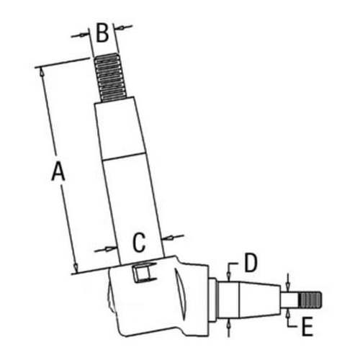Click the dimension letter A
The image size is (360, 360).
[58, 173]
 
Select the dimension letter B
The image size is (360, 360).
[102, 32]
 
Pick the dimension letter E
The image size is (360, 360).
[307, 328]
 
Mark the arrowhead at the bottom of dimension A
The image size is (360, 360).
[75, 269]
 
